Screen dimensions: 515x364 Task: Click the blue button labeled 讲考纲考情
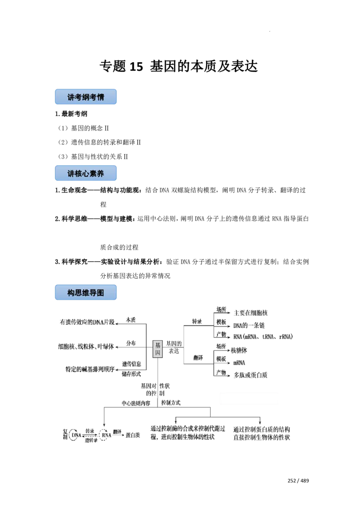coord(87,97)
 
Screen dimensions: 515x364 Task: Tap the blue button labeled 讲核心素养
coord(87,173)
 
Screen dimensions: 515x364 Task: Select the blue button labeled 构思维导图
coord(87,293)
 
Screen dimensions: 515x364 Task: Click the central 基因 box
coord(157,349)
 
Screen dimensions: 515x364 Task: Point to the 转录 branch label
coord(197,321)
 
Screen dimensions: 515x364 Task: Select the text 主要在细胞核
coord(251,313)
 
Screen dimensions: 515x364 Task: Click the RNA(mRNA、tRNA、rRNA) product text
coord(263,337)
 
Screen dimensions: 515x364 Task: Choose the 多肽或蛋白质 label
coord(251,375)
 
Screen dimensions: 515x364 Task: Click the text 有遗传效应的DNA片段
coord(89,323)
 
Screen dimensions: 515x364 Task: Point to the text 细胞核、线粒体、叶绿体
coord(85,346)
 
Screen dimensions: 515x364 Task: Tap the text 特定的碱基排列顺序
coord(90,369)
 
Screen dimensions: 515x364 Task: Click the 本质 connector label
coord(131,319)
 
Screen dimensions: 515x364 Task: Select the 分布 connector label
coord(131,343)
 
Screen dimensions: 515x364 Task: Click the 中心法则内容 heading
coord(135,403)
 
